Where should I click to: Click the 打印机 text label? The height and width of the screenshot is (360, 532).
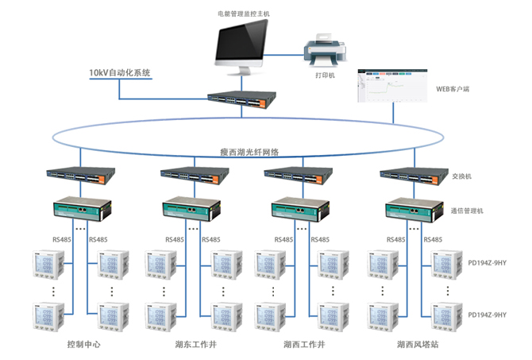coord(326,76)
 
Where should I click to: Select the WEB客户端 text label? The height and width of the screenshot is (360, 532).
coord(453,89)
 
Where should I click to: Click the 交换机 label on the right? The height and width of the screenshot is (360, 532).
coord(461,176)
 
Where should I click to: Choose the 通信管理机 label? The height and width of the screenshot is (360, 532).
coord(466,211)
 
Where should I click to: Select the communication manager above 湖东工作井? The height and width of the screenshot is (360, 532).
coord(189,208)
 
